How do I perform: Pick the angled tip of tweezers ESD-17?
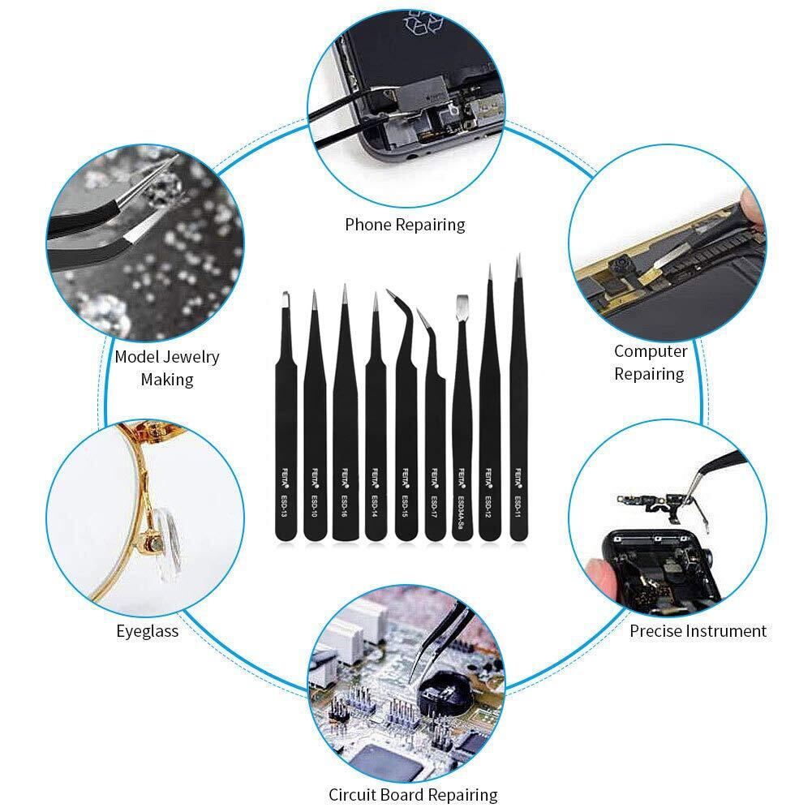tap(423, 316)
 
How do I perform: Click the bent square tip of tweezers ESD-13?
tap(286, 300)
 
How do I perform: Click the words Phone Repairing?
tap(405, 225)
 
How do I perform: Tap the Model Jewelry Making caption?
tap(167, 367)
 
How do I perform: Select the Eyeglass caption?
tap(147, 629)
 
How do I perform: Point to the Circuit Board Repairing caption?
tap(413, 794)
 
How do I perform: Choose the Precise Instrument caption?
tap(698, 630)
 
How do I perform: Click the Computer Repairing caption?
tap(650, 363)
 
